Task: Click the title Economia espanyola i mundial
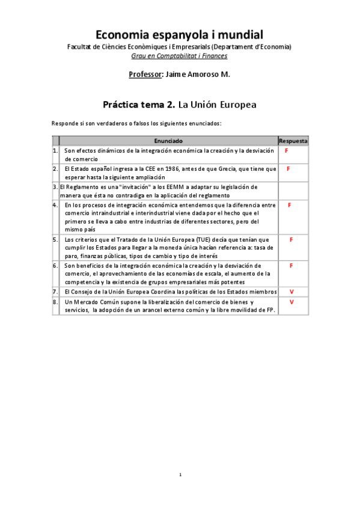pos(180,35)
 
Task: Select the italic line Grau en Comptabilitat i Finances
pos(180,56)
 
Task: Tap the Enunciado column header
pos(168,140)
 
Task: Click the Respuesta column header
pos(293,140)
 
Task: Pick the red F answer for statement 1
pos(287,150)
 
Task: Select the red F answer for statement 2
pos(288,169)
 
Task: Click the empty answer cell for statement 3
pos(293,191)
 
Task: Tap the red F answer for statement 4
pos(290,205)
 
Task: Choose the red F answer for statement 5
pos(291,239)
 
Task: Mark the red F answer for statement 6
pos(291,265)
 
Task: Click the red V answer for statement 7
pos(291,291)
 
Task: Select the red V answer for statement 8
pos(291,301)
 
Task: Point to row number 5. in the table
pos(55,239)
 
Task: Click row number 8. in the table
pos(55,301)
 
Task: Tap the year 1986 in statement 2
pos(155,169)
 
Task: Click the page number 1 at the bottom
pos(180,475)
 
